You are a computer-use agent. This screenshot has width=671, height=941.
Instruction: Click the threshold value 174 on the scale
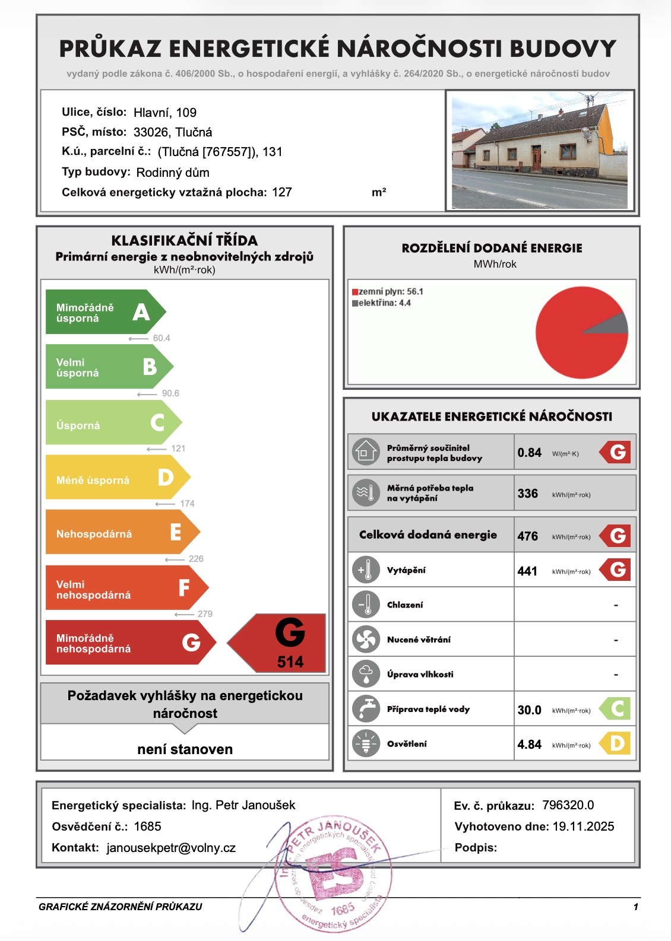pos(187,504)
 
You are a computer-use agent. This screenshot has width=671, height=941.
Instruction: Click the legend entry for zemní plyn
pos(387,292)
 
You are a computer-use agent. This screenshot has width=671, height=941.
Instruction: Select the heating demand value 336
pos(527,494)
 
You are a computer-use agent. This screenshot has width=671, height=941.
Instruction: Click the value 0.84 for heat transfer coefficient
pos(529,453)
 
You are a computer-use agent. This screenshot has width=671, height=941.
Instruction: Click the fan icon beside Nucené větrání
pos(366,640)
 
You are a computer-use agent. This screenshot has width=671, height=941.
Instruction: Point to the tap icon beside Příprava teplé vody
pos(366,709)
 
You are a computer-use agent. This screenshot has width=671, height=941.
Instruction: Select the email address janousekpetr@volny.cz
pos(171,848)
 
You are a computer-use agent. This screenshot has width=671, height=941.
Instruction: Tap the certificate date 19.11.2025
pos(583,826)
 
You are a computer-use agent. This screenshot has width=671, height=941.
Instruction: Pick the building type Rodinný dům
pos(173,173)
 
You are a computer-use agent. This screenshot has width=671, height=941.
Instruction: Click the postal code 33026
pos(151,132)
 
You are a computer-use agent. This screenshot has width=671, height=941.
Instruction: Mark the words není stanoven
pos(185,749)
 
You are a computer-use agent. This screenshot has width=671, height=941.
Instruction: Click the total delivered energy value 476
pos(527,536)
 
